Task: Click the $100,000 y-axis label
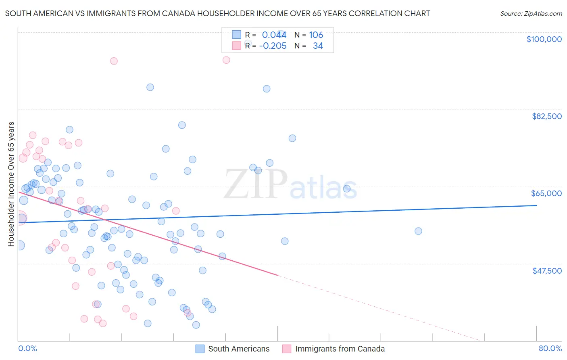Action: [x=544, y=39]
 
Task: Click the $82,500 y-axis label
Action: [x=546, y=116]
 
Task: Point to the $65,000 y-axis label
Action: [x=546, y=193]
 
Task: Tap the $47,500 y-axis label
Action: [x=547, y=271]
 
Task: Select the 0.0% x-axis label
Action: [x=27, y=348]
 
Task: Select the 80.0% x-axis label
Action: [x=550, y=348]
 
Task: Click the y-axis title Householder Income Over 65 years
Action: [x=11, y=184]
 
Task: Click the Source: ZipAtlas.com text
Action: [x=531, y=13]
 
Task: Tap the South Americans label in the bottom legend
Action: [x=239, y=349]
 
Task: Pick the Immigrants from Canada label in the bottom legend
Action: [x=340, y=349]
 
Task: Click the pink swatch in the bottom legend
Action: [x=287, y=349]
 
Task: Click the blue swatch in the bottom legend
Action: [x=200, y=349]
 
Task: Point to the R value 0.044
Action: [x=274, y=35]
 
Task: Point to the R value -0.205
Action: [x=273, y=46]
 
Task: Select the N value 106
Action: [x=316, y=35]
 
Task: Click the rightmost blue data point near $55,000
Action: [x=418, y=231]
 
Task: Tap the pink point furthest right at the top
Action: [x=226, y=60]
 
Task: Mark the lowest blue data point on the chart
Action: [x=196, y=325]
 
